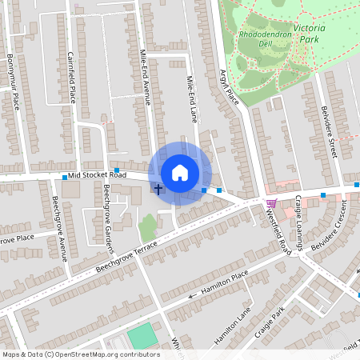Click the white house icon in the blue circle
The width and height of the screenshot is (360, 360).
pyautogui.click(x=180, y=173)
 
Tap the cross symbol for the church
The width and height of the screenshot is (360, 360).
pyautogui.click(x=158, y=190)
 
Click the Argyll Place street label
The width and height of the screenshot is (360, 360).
pyautogui.click(x=230, y=86)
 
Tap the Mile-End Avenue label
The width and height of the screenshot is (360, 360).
pyautogui.click(x=146, y=78)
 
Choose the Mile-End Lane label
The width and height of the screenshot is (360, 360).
pyautogui.click(x=191, y=99)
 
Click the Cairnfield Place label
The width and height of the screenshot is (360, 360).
pyautogui.click(x=71, y=77)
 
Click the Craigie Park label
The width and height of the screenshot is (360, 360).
pyautogui.click(x=267, y=322)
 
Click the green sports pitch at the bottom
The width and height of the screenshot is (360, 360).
pyautogui.click(x=143, y=335)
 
